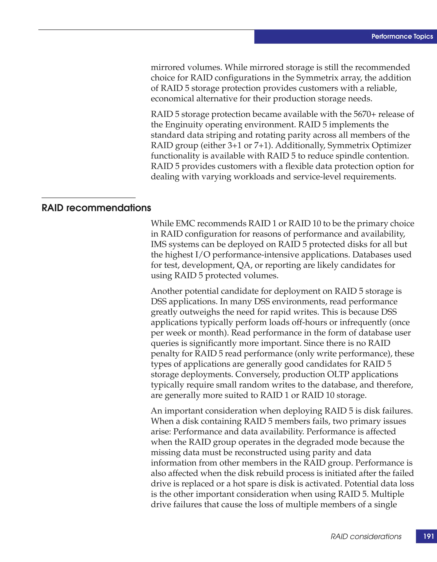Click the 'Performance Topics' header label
click(402, 36)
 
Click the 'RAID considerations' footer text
click(366, 537)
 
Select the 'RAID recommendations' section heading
click(96, 208)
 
